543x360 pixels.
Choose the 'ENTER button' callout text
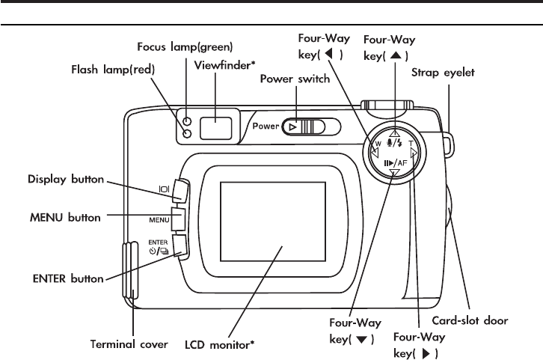click(66, 278)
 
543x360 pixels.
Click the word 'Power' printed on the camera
click(265, 127)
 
